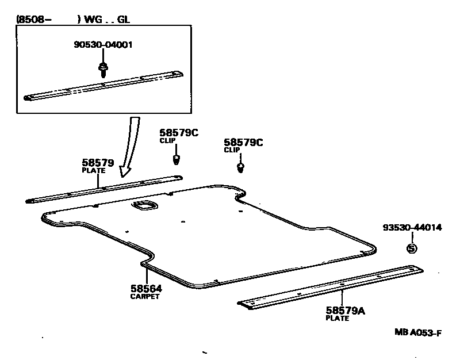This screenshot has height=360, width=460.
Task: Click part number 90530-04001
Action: (103, 45)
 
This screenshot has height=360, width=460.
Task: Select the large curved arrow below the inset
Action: (131, 147)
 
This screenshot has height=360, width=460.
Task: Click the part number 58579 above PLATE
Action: (98, 163)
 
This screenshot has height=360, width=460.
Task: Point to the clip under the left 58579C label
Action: (176, 160)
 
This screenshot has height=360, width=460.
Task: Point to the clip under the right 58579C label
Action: (240, 168)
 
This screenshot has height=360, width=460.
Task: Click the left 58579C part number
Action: (179, 133)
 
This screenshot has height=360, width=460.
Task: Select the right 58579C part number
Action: (243, 142)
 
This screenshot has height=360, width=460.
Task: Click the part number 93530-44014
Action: (412, 227)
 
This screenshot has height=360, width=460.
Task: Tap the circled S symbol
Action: (412, 248)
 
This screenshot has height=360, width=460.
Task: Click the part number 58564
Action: (146, 289)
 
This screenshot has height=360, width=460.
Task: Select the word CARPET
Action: (145, 296)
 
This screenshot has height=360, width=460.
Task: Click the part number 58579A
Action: (346, 311)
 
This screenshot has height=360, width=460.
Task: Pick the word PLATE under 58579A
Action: (338, 318)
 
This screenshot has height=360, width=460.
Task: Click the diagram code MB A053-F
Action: (418, 333)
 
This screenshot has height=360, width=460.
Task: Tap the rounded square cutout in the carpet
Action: (145, 205)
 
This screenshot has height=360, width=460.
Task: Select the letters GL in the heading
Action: (123, 20)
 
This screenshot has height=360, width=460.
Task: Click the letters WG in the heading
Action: (93, 20)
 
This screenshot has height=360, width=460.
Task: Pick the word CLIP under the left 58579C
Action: (167, 140)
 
